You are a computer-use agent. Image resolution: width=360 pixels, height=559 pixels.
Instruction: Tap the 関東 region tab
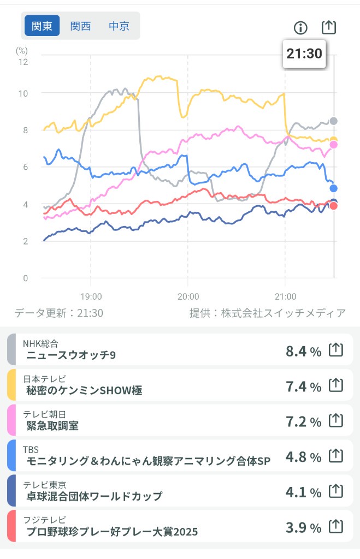pos(42,26)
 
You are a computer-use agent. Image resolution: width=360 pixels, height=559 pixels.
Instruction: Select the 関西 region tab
pos(80,26)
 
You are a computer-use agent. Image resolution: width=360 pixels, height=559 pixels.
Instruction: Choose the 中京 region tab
pos(119,26)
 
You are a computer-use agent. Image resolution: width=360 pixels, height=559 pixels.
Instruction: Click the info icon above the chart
pos(300,27)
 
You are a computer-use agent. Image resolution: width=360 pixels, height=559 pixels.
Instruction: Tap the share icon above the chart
pos(328,27)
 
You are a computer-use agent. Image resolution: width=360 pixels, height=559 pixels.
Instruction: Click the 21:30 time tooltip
pos(304,53)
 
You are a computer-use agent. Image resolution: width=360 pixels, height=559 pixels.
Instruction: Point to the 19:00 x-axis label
pos(91,296)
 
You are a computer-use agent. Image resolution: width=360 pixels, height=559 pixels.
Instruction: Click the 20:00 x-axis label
pos(187,296)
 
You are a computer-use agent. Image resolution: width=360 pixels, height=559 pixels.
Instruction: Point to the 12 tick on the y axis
pos(23,61)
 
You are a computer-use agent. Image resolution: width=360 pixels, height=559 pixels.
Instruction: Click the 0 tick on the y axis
pos(25,278)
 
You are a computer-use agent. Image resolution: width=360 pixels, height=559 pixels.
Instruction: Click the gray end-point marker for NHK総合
pos(333,121)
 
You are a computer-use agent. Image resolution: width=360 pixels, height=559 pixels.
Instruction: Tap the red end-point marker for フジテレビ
pos(334,206)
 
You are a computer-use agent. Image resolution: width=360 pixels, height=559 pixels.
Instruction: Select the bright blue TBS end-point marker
pos(333,188)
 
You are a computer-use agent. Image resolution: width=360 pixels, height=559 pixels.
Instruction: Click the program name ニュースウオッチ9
pos(71,356)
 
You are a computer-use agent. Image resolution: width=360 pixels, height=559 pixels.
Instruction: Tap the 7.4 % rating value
pos(303,386)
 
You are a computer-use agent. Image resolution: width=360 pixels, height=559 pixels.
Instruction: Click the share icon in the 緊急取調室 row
pos(335,420)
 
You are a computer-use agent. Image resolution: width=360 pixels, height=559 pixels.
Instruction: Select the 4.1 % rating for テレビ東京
pos(303,492)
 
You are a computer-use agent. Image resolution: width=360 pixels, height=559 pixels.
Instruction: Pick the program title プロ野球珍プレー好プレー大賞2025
pos(112,532)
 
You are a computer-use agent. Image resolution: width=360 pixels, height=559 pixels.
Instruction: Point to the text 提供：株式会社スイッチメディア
pos(267,313)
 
